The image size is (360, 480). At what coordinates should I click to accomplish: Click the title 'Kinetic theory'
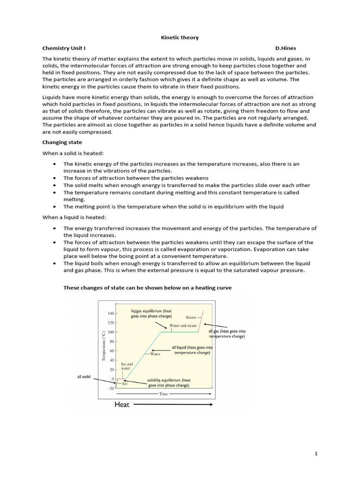[x=180, y=37]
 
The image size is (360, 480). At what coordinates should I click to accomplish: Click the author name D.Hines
[x=285, y=48]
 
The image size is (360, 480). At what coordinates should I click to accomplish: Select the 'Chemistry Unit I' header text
[x=64, y=48]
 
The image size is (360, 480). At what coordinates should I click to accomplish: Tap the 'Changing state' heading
[x=62, y=142]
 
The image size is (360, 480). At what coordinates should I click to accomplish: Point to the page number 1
[x=316, y=454]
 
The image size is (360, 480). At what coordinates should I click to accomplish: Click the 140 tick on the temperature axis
[x=111, y=313]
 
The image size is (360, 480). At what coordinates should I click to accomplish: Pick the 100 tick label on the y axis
[x=111, y=332]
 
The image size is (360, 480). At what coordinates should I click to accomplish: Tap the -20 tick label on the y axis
[x=110, y=388]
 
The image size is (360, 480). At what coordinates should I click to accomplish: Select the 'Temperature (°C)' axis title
[x=104, y=346]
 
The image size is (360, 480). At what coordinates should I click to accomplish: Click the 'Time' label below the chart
[x=163, y=394]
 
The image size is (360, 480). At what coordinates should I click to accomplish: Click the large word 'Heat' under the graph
[x=121, y=405]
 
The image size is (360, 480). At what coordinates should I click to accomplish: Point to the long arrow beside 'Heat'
[x=173, y=405]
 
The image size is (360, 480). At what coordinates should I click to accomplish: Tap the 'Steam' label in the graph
[x=191, y=317]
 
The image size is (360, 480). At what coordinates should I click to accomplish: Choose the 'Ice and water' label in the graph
[x=127, y=366]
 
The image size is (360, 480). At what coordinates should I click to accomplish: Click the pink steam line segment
[x=201, y=322]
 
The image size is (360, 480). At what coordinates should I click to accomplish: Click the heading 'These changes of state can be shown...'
[x=148, y=288]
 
